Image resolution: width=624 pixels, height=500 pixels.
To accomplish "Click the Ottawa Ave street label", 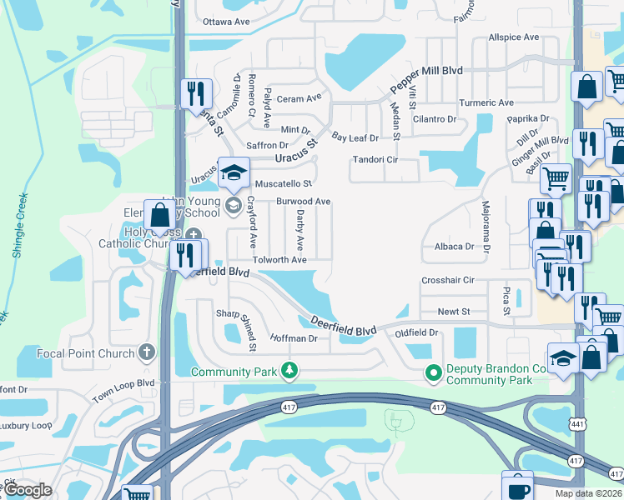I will (226, 21).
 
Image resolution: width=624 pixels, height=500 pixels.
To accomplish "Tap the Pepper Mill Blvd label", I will (427, 82).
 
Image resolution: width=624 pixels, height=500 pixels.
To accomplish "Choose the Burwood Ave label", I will (304, 202).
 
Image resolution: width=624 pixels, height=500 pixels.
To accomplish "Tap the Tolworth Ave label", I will (281, 260).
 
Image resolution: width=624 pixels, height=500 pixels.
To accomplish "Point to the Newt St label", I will (455, 312).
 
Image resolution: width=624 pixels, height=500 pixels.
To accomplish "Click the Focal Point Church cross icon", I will (148, 353).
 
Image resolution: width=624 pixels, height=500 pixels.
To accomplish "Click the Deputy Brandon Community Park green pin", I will (433, 372).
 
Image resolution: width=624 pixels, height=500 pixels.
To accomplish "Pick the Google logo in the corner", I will (27, 490).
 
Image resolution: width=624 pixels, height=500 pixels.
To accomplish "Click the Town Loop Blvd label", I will (124, 392).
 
